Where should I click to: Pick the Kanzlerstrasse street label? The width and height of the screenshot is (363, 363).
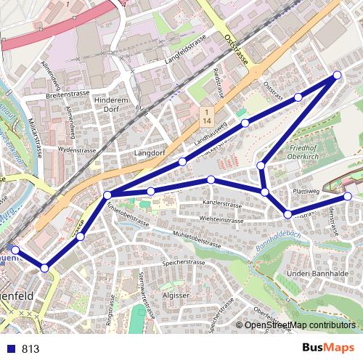(x=222, y=204)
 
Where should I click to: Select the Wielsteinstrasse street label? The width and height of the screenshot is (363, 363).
(x=221, y=218)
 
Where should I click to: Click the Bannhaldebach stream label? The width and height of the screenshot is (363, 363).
(x=280, y=240)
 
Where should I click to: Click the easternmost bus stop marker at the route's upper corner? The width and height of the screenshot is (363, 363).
(x=338, y=76)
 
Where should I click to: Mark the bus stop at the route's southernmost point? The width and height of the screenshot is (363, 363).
(x=45, y=268)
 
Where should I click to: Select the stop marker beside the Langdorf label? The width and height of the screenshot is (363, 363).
(x=183, y=161)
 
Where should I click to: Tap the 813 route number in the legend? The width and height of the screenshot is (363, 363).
(x=30, y=348)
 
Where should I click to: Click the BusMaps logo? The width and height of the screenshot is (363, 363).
(x=327, y=348)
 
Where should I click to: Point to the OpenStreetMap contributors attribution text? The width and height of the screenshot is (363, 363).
(x=300, y=325)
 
